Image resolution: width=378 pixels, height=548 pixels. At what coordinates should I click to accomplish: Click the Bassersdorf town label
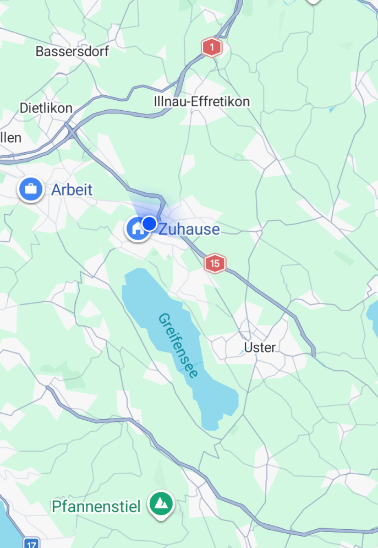click(72, 52)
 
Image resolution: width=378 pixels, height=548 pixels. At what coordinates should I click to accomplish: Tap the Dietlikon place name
click(46, 108)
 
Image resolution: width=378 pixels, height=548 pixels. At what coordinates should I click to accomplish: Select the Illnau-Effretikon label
click(201, 102)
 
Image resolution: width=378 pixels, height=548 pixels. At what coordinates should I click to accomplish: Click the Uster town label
click(259, 348)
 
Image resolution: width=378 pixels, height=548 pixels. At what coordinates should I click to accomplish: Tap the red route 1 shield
click(211, 47)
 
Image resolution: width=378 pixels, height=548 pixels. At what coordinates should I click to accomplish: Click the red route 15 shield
click(215, 264)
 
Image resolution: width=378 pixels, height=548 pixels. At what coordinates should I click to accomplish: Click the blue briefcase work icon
click(31, 190)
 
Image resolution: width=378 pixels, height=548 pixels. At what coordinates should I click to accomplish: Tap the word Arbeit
click(72, 191)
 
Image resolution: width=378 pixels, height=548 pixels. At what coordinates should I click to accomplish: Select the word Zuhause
click(189, 230)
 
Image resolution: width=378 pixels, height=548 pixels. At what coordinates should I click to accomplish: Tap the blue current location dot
click(149, 224)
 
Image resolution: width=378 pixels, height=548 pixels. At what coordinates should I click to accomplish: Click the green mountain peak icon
click(161, 503)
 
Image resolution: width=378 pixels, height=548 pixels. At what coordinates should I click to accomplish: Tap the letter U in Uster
click(247, 348)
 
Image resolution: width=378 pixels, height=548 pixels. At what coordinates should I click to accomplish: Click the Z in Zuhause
click(163, 230)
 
